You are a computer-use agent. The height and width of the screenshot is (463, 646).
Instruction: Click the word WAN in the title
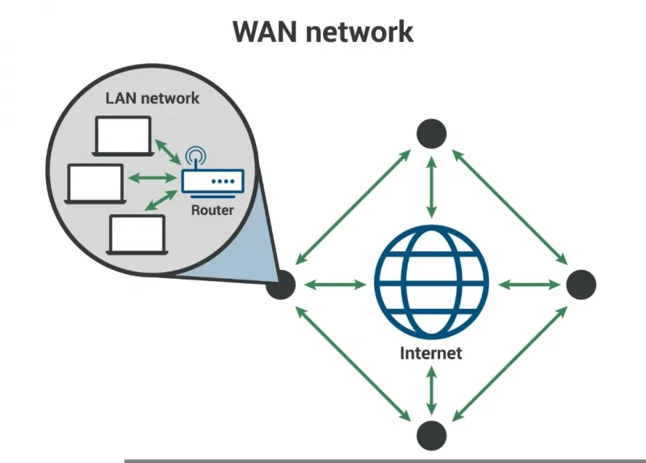tap(265, 32)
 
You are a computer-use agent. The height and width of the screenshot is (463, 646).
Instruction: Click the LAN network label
tap(153, 98)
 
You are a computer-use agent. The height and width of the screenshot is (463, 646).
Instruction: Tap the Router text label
tap(212, 210)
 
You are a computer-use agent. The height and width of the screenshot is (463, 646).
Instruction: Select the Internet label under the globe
tap(431, 353)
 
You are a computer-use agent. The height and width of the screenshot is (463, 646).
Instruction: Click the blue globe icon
tap(431, 281)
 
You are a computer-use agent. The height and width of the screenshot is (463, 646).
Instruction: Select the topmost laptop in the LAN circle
tap(124, 136)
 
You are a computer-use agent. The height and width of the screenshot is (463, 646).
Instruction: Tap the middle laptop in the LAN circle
tap(95, 184)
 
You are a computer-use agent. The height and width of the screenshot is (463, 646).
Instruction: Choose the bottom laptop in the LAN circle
tap(137, 234)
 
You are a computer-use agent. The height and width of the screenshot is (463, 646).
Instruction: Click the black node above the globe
tap(431, 133)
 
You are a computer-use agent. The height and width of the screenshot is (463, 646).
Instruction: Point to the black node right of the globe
tap(581, 284)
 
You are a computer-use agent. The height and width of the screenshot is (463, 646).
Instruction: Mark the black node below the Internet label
tap(431, 436)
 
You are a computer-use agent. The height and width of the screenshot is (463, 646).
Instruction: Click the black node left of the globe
tap(280, 284)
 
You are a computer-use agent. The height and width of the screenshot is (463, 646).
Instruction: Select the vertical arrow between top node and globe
tap(431, 187)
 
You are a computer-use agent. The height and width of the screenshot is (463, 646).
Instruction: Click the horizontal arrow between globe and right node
tap(529, 284)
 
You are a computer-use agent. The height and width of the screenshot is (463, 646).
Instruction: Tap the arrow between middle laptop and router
tap(152, 178)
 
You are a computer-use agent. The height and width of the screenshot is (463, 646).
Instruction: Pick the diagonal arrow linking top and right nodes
tap(510, 207)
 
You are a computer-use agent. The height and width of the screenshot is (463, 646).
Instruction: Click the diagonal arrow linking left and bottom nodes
tap(353, 364)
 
